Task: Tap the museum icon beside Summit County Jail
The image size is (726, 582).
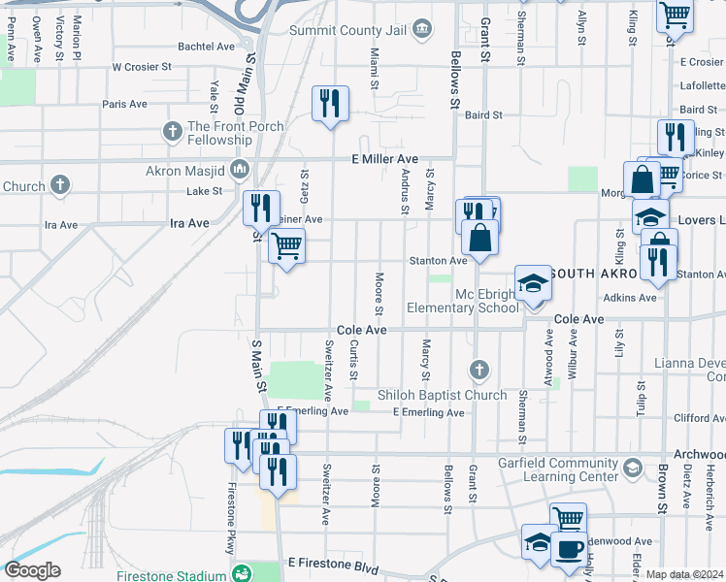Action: pos(422,29)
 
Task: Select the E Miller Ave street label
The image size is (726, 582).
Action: pos(384,159)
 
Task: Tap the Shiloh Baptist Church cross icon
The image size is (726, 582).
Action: pos(478,370)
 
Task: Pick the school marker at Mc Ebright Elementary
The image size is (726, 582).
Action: pos(532,282)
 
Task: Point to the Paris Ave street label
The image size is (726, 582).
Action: pos(124,104)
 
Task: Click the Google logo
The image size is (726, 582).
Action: pos(32,570)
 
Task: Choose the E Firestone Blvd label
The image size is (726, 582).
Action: pos(332,564)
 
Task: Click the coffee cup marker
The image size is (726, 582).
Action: pos(569,548)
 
